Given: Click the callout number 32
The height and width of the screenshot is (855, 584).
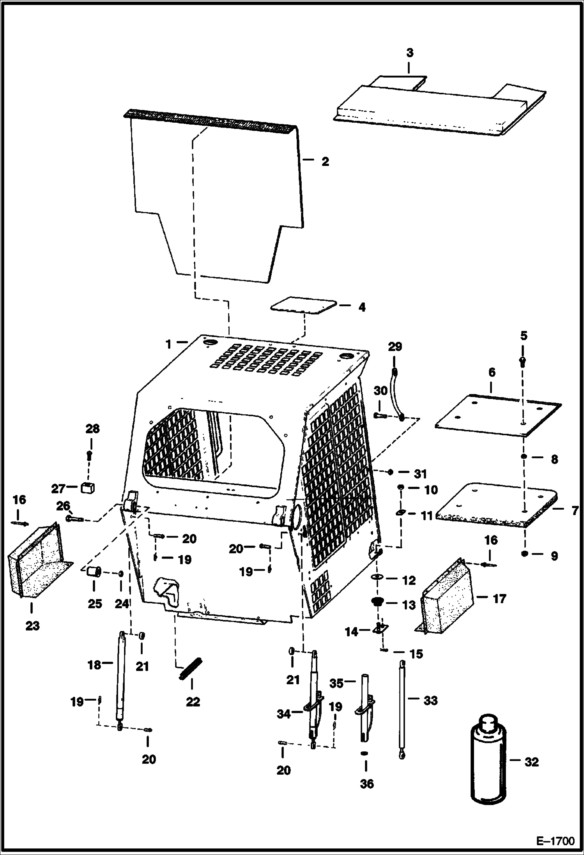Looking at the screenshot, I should coord(531,762).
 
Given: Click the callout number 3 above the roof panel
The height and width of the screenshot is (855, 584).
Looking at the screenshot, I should coord(410,53).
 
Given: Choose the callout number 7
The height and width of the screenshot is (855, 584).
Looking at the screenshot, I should coord(575,511).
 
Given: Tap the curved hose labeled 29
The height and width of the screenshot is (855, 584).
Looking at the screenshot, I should coord(398,394).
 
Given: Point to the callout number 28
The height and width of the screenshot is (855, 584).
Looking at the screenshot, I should coord(92,429).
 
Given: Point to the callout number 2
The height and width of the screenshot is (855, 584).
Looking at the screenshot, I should coord(325,161).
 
